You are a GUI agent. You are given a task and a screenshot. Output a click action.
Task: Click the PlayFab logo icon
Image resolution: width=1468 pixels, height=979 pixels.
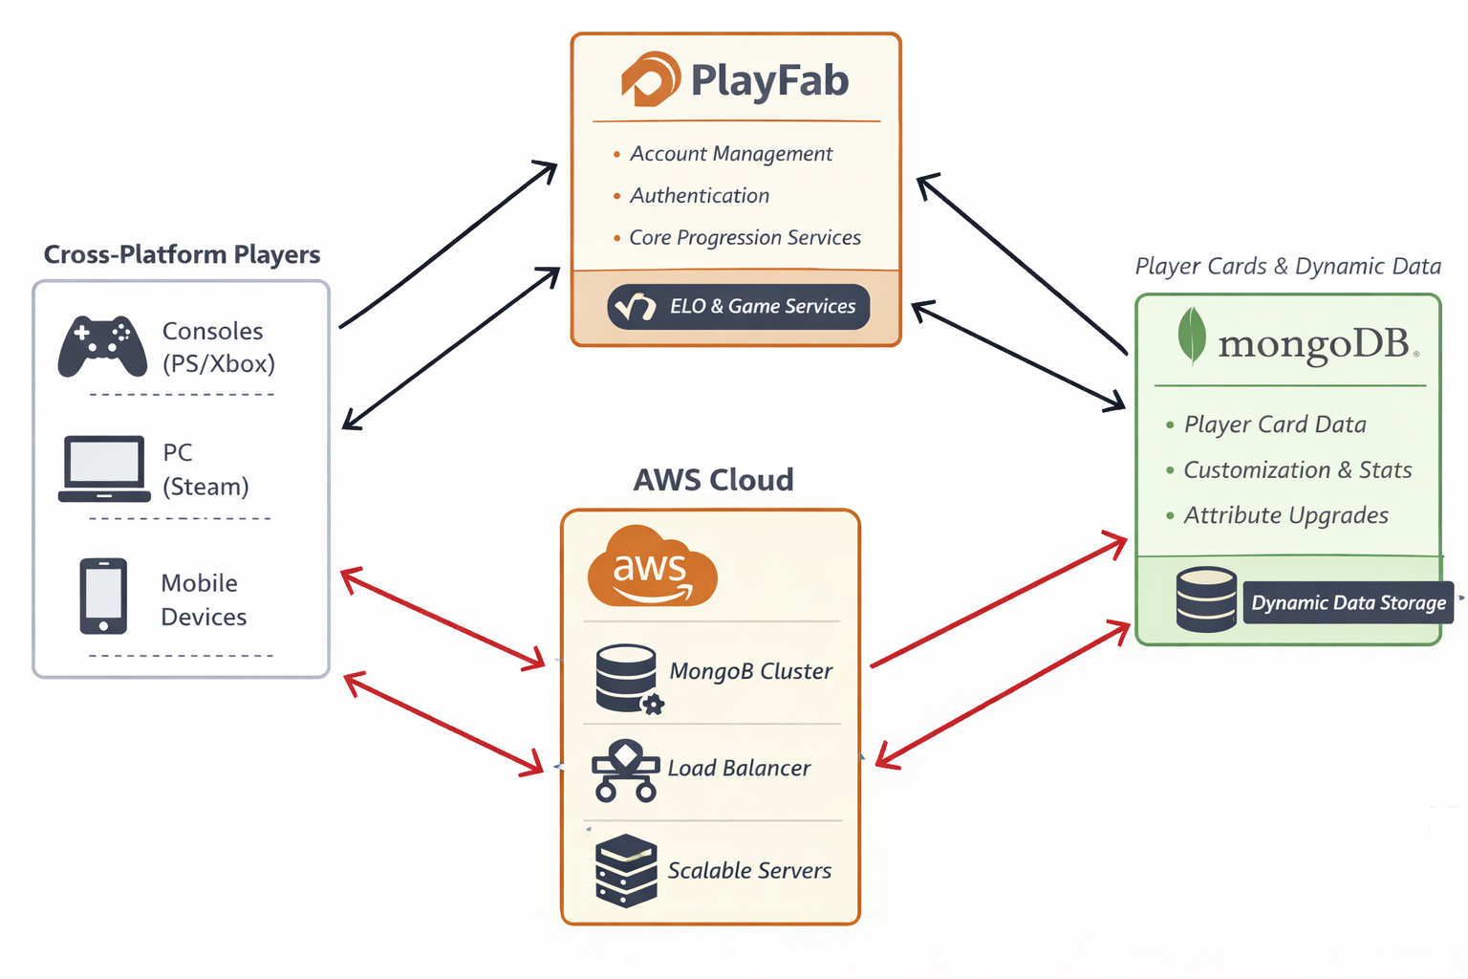tap(650, 79)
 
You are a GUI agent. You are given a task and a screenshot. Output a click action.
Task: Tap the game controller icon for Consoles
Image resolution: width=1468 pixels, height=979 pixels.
tap(102, 346)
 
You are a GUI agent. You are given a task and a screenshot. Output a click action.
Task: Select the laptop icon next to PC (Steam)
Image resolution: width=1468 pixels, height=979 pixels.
tap(104, 468)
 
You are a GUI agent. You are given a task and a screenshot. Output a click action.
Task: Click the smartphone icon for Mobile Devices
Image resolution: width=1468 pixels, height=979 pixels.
tap(103, 597)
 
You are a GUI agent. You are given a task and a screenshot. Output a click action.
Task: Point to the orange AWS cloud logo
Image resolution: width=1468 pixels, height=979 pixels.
tap(652, 566)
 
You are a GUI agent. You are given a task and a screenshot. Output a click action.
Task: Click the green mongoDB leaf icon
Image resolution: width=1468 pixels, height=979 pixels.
tap(1191, 336)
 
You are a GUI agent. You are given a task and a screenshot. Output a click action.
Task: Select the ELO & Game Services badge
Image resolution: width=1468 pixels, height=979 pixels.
tap(738, 307)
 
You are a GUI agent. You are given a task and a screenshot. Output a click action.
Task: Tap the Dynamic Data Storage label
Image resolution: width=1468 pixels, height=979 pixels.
tap(1348, 602)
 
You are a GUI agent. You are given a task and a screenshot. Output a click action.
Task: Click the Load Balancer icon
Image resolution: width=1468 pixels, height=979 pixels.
tap(625, 770)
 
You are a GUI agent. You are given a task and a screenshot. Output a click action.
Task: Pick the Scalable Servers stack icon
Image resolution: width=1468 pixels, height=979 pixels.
tap(626, 870)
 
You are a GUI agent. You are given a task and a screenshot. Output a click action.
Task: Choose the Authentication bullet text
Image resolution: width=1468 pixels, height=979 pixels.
tap(700, 196)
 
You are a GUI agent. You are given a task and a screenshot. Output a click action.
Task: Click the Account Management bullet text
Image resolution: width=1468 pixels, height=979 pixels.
tap(731, 154)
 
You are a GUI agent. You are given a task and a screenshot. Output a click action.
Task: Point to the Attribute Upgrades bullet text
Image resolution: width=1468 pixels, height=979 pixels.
tap(1285, 515)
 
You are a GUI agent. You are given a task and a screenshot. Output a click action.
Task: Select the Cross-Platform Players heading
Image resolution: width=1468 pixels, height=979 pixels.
tap(182, 254)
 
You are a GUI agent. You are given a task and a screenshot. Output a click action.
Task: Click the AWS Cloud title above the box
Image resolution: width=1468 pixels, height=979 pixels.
tap(713, 479)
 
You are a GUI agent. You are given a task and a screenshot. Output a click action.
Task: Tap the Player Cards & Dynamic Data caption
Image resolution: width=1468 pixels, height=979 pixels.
tap(1287, 266)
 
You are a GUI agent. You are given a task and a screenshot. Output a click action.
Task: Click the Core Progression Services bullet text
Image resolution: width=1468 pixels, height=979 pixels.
tap(745, 238)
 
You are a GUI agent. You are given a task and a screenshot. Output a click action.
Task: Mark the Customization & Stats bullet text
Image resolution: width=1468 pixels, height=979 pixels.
tap(1297, 469)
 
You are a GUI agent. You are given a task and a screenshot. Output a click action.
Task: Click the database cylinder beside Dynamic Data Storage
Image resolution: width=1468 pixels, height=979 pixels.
tap(1206, 599)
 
